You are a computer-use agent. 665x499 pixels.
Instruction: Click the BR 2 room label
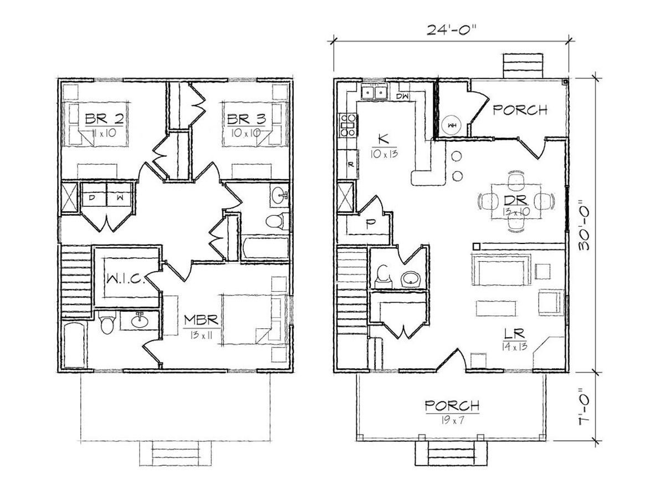click(x=105, y=119)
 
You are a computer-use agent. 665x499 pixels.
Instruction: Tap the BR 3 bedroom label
click(x=247, y=119)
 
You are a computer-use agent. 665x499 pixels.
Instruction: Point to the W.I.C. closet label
click(x=124, y=278)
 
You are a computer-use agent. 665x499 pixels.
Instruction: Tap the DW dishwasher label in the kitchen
click(x=402, y=96)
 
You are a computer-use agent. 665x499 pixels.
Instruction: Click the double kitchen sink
click(x=374, y=92)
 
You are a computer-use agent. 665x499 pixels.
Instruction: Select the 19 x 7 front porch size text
click(x=452, y=421)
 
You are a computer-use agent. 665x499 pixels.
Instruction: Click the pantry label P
click(x=369, y=224)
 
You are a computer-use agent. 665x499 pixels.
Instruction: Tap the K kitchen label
click(x=383, y=140)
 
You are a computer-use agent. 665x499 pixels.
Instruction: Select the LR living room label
click(x=514, y=334)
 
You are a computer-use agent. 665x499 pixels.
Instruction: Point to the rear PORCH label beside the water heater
click(x=520, y=110)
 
